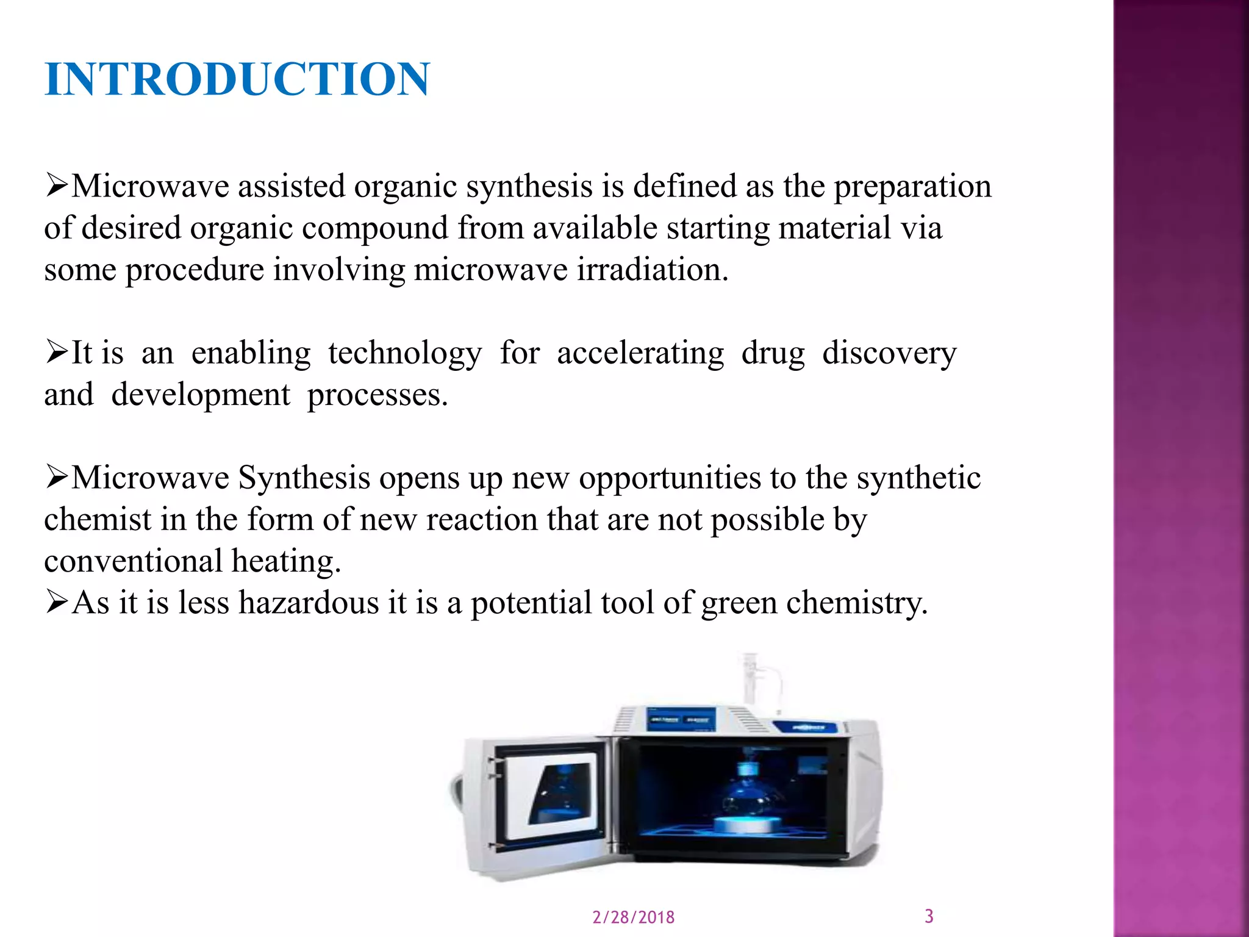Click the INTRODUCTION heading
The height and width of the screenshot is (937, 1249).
tap(237, 79)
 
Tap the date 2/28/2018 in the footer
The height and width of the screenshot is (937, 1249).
tap(633, 917)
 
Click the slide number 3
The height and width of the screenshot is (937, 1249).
tap(929, 916)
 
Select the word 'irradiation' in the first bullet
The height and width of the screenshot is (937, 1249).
tap(651, 269)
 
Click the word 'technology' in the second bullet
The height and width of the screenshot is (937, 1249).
tap(405, 354)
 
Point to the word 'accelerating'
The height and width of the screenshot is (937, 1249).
tap(640, 354)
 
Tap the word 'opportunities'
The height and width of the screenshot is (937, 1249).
tap(670, 479)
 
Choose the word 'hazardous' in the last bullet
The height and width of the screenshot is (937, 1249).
tap(309, 603)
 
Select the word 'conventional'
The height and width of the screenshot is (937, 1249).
tap(134, 561)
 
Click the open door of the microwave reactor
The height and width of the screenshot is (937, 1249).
tap(537, 799)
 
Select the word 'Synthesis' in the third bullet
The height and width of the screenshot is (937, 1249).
tap(304, 478)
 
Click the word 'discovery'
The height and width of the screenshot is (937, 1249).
tap(889, 354)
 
